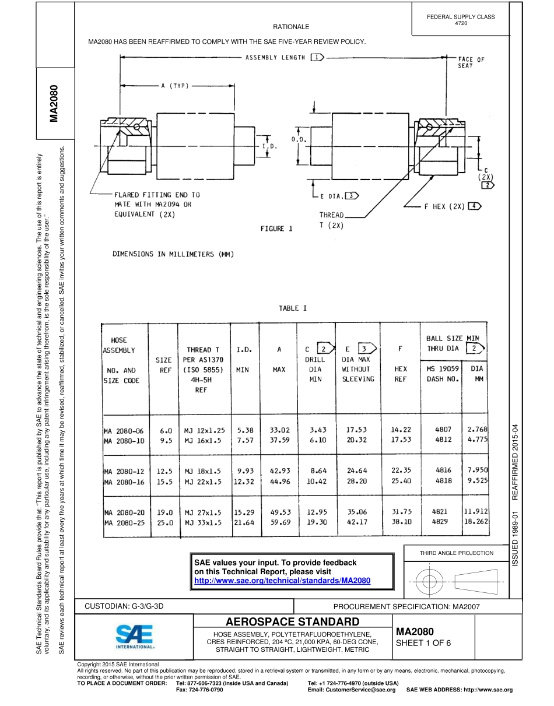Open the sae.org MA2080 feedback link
point(282,581)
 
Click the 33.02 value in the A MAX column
point(280,430)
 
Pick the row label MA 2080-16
point(124,482)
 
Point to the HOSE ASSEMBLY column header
point(119,345)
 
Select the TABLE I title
point(289,308)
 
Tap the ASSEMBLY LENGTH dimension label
point(275,58)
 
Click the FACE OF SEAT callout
point(471,62)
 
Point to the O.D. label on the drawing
point(299,139)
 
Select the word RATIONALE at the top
point(291,27)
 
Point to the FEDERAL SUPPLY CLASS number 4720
point(461,23)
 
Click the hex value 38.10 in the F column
point(401,523)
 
